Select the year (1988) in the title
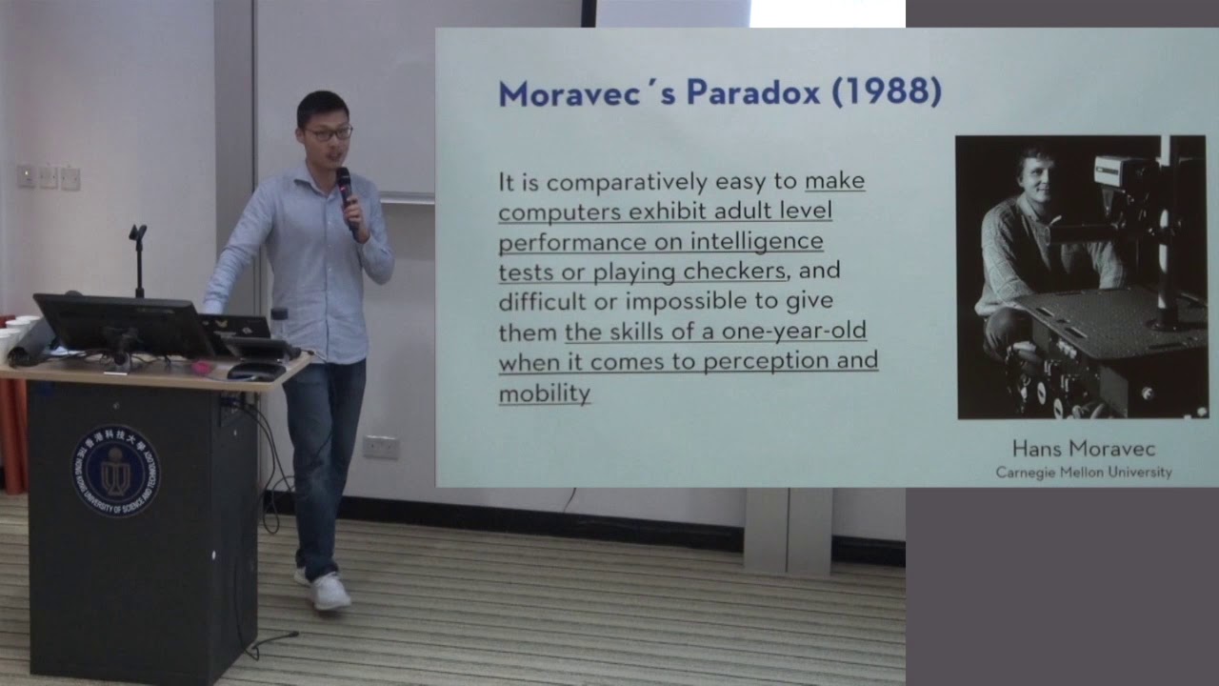[x=886, y=92]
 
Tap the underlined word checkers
[x=733, y=272]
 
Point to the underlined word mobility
[x=545, y=393]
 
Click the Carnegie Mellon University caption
[x=1083, y=473]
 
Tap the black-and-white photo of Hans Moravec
[x=1082, y=276]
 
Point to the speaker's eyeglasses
[x=328, y=134]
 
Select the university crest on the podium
[x=116, y=471]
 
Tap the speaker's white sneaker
[x=330, y=592]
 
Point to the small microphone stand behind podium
[x=138, y=257]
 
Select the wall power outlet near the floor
[x=380, y=447]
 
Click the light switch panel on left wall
[x=48, y=176]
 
